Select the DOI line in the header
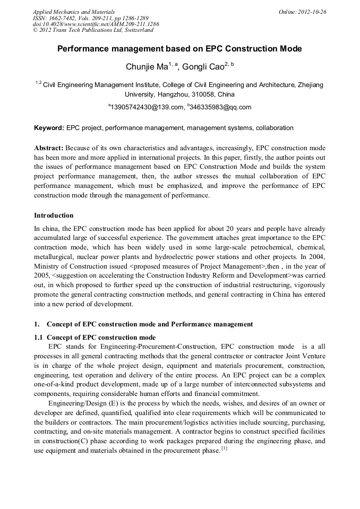(96, 24)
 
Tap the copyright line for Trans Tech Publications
(93, 30)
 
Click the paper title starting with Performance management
(179, 49)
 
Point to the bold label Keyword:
(49, 128)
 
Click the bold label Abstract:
(49, 148)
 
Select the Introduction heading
(54, 215)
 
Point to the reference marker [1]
(224, 449)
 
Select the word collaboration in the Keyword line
(275, 128)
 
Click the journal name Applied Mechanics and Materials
(74, 11)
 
